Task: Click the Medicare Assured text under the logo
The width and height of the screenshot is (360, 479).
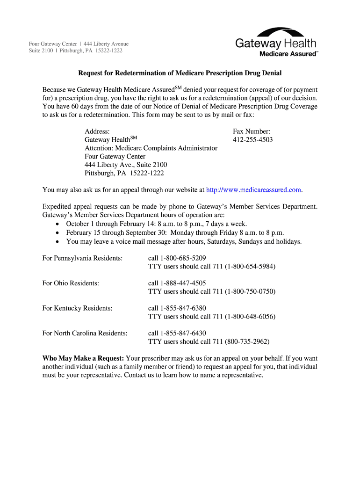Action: pyautogui.click(x=288, y=54)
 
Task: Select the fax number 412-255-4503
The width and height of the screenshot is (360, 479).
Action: pyautogui.click(x=252, y=140)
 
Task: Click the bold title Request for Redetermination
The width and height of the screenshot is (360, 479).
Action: pyautogui.click(x=180, y=73)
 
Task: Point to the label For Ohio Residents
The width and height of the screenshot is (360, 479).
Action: pyautogui.click(x=71, y=283)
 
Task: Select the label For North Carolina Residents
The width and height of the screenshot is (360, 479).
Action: pyautogui.click(x=85, y=333)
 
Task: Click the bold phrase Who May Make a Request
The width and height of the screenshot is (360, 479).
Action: pyautogui.click(x=83, y=358)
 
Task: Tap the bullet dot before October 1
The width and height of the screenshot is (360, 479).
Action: pyautogui.click(x=57, y=224)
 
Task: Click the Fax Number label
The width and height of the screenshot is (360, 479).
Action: pyautogui.click(x=252, y=131)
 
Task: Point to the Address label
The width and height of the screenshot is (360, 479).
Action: pyautogui.click(x=97, y=131)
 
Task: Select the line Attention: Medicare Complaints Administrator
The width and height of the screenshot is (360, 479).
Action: pyautogui.click(x=151, y=148)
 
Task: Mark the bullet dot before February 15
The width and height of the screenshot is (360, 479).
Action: pyautogui.click(x=57, y=233)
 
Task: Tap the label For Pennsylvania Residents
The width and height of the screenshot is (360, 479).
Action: pyautogui.click(x=82, y=258)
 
